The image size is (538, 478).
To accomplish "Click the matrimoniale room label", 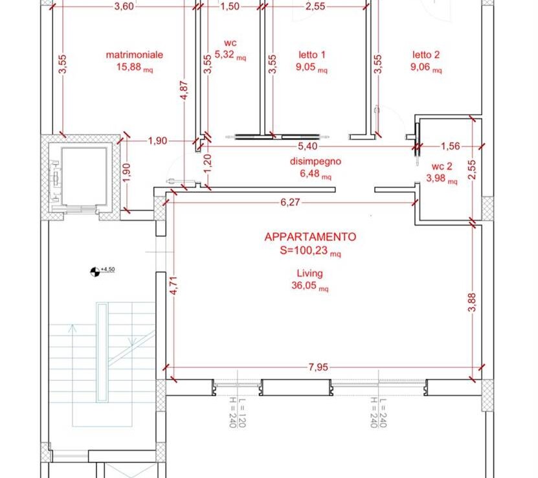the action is pos(135,55).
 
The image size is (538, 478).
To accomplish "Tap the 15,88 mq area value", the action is pos(135,67).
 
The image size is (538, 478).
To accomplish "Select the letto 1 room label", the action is pos(311,54).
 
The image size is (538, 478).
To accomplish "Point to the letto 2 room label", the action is pos(426,54).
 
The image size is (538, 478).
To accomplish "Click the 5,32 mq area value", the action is pos(230,54).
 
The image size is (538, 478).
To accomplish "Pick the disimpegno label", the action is pos(316,161).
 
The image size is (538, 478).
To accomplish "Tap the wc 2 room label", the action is pos(442,166).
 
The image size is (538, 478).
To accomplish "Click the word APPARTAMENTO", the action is pos(310,237).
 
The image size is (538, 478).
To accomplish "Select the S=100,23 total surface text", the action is pos(310,251).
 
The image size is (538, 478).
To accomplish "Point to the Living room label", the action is pos(310,273).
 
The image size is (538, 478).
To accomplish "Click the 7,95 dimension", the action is pos(318,367).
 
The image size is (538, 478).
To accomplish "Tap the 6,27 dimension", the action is pos(290,202).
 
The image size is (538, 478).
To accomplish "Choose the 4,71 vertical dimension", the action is pos(174,286).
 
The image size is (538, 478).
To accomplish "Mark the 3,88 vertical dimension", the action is pos(472,302).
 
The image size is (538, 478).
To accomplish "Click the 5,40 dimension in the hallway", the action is pos(308,146).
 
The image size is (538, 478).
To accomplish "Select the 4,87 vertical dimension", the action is pos(185,90).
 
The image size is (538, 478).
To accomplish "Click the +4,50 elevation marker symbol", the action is pos(95,272).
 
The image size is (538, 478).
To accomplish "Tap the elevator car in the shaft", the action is pos(84,176).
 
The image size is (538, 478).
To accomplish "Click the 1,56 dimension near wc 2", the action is pos(450,146).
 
